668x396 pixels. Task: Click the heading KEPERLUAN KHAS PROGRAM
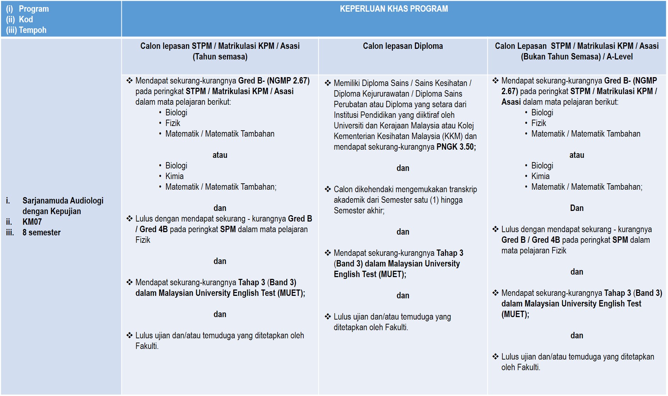tap(394, 9)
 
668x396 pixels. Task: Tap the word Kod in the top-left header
tap(26, 19)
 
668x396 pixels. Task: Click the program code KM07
tap(32, 222)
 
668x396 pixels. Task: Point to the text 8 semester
tap(41, 233)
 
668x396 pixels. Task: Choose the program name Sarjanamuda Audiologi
tap(63, 201)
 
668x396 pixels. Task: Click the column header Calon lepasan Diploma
tap(402, 46)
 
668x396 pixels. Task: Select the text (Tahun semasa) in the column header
tap(220, 57)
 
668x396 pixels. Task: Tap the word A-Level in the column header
tap(620, 57)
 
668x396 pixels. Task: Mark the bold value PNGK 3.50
tap(456, 147)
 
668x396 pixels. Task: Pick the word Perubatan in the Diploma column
tap(350, 104)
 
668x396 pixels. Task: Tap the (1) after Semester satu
tap(434, 200)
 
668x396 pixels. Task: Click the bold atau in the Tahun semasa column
tap(220, 155)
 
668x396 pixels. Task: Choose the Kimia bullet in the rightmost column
tap(540, 176)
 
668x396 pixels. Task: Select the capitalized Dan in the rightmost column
tap(577, 208)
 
